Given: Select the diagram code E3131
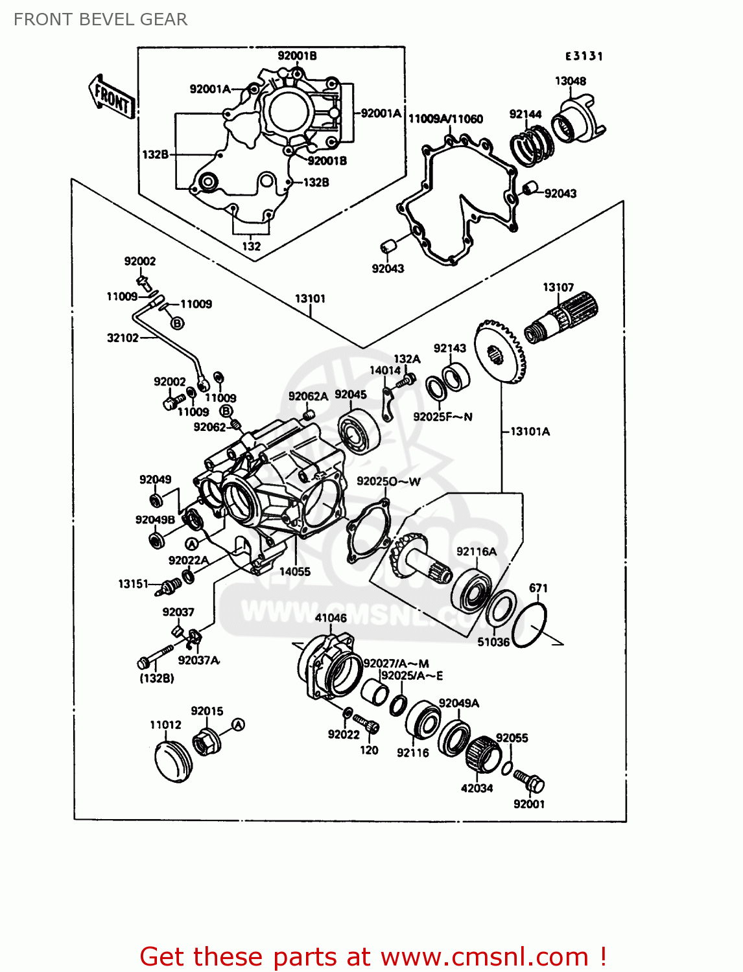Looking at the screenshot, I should coord(584,56).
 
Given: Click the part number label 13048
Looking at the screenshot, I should coord(570,81).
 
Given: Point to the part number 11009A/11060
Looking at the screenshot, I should coord(445,119).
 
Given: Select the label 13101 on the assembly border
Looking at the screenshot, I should coord(310,299).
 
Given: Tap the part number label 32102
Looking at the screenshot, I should coord(123,338).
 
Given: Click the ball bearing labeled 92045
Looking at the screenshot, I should coord(355,431).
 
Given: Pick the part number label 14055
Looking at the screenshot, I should coord(295,572).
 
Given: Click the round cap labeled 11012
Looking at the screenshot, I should coord(173,762).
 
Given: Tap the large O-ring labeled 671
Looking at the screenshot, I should coord(530,625).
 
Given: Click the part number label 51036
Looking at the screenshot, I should coord(493,642).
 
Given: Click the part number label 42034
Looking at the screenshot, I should coord(477,789).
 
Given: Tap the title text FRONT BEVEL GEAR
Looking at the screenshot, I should coord(100,19).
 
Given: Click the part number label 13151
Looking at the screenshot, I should coord(133,584).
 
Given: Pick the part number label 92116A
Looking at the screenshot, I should coord(477,551).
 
